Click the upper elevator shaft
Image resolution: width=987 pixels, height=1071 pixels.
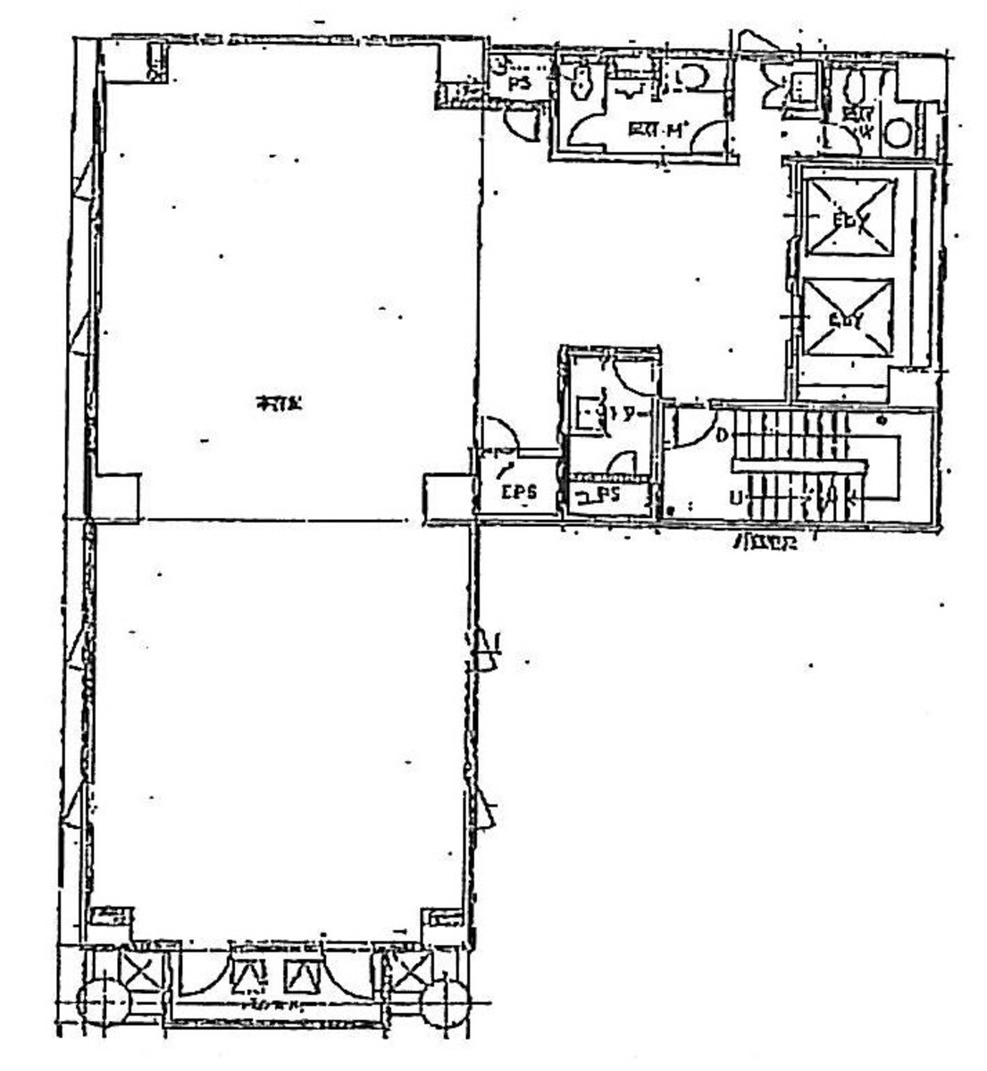click(x=849, y=217)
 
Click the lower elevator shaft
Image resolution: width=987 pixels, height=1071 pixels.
click(x=849, y=317)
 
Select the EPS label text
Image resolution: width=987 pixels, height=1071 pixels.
click(x=517, y=492)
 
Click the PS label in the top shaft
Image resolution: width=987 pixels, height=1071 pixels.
click(x=519, y=83)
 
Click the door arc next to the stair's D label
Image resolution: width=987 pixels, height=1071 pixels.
click(x=691, y=427)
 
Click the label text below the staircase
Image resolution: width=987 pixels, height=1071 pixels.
click(x=765, y=542)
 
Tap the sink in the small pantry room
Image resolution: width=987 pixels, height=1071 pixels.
click(x=587, y=414)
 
